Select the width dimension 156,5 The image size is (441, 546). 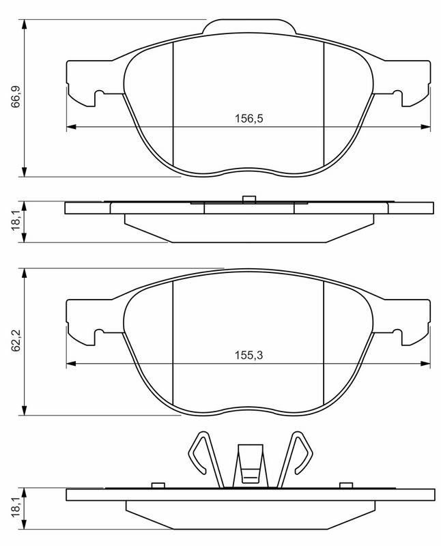click(x=249, y=118)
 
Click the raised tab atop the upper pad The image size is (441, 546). click(x=249, y=27)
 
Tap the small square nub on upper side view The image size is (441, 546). click(x=249, y=199)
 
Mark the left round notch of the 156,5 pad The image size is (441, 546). click(x=99, y=96)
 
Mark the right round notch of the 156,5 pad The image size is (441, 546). click(x=399, y=96)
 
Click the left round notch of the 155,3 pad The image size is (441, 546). click(x=99, y=334)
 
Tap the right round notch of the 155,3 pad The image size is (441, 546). click(x=399, y=334)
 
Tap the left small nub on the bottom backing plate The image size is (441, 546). click(x=158, y=485)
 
